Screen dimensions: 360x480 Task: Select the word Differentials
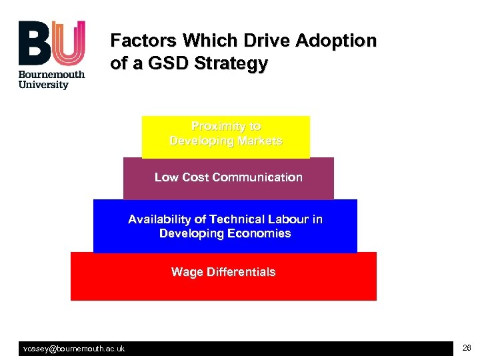point(239,272)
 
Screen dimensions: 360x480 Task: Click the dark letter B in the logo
point(33,43)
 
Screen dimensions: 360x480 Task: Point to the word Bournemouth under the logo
point(52,75)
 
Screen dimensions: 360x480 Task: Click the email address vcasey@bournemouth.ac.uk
point(74,349)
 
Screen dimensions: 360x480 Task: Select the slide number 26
point(466,348)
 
